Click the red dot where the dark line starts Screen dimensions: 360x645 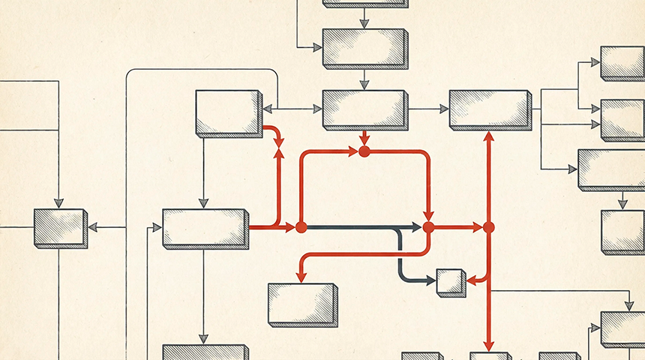301,226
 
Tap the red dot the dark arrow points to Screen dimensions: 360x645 428,226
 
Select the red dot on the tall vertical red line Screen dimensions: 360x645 488,226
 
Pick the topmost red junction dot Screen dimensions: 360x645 364,151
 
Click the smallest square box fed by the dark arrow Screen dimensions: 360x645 451,282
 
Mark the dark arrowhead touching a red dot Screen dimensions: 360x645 417,226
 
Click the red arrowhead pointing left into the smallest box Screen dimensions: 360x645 472,280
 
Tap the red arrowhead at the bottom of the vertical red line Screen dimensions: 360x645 488,346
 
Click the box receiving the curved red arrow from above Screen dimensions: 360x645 301,304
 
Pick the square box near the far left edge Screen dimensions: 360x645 60,228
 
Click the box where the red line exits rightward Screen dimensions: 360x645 205,227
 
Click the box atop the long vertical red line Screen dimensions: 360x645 489,109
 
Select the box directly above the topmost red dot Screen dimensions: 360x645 364,109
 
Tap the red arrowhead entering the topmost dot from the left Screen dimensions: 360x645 353,151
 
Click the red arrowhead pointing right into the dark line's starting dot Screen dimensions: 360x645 290,226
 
